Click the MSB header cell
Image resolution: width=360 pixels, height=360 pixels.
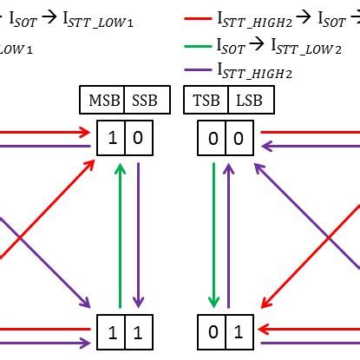click(101, 101)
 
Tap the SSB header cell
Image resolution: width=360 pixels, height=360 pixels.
click(144, 101)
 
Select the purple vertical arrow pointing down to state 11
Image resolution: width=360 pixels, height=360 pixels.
click(137, 234)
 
